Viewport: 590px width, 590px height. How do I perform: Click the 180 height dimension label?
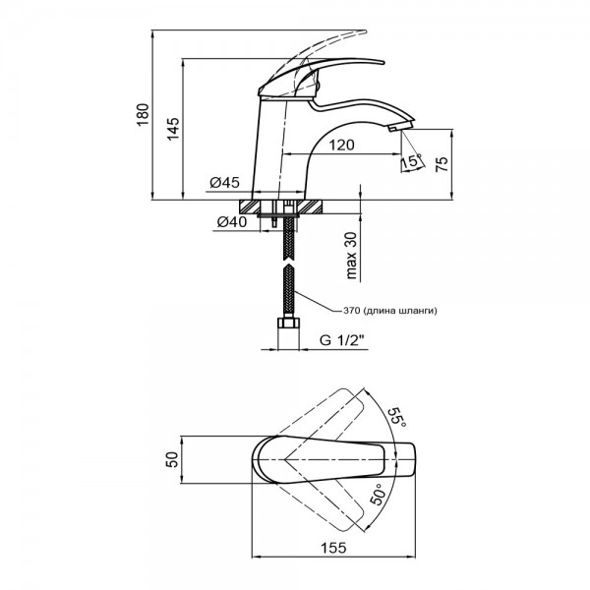(x=143, y=117)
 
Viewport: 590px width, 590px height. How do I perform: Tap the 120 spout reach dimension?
(x=341, y=145)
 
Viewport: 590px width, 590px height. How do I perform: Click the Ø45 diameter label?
(x=225, y=182)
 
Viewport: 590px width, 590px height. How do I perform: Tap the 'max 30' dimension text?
(x=351, y=253)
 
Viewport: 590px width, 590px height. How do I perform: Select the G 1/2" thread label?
(x=343, y=341)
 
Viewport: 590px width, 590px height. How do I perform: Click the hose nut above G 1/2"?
(x=288, y=325)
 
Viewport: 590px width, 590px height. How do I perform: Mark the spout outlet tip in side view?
(x=400, y=127)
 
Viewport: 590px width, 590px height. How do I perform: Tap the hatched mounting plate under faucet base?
(x=286, y=208)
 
